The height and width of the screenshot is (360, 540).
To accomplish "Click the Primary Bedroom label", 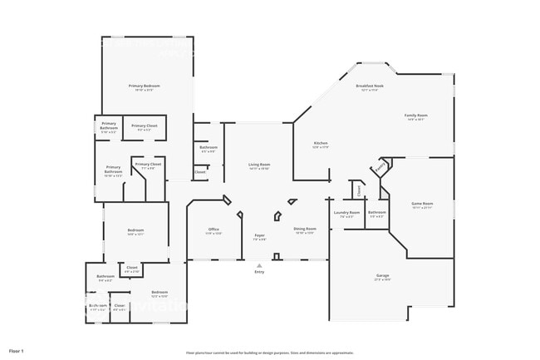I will (x=144, y=86).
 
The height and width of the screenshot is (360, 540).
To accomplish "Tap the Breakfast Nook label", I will (x=369, y=86).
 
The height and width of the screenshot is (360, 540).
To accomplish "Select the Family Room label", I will (x=415, y=116).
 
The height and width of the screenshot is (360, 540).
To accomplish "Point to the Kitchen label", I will (x=320, y=144).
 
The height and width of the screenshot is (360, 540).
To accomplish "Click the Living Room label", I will (x=259, y=165).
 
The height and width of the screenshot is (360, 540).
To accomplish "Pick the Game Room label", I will (x=423, y=204).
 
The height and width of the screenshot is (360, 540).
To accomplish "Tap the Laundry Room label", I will (x=347, y=213).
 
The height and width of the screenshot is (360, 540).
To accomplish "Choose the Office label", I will (x=214, y=229).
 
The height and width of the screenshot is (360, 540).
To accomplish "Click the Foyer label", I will (x=259, y=236).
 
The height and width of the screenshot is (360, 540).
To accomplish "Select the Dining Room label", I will (x=304, y=229).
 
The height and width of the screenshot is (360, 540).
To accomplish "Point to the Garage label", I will (x=382, y=276).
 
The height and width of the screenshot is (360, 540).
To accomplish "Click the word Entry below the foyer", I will (x=259, y=272).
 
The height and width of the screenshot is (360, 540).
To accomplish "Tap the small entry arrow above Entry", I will (x=259, y=265).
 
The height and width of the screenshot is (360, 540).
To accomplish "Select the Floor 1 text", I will (x=17, y=352).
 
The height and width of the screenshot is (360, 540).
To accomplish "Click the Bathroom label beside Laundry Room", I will (x=377, y=212).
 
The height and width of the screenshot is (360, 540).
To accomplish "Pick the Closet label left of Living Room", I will (x=200, y=172).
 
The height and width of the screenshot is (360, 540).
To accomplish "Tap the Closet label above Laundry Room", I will (x=358, y=190).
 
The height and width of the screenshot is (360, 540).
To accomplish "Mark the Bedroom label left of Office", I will (x=135, y=230).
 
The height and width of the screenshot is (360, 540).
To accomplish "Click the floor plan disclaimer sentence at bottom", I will (x=270, y=352).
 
